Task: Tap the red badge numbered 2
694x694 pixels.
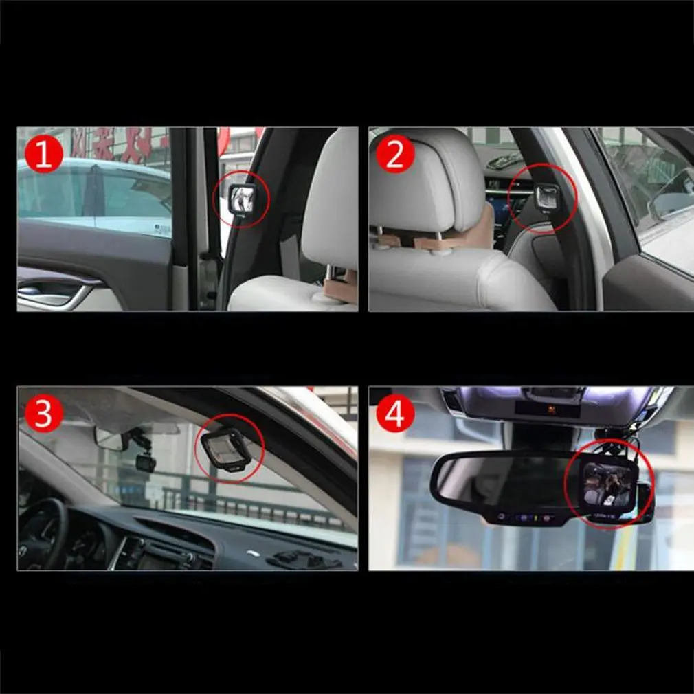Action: pos(395,155)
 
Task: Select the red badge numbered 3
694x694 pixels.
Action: pos(44,414)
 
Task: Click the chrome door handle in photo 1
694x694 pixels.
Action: pos(55,294)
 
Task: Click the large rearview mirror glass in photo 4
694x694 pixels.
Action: pos(502,481)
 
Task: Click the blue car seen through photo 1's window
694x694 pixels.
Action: pos(93,196)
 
